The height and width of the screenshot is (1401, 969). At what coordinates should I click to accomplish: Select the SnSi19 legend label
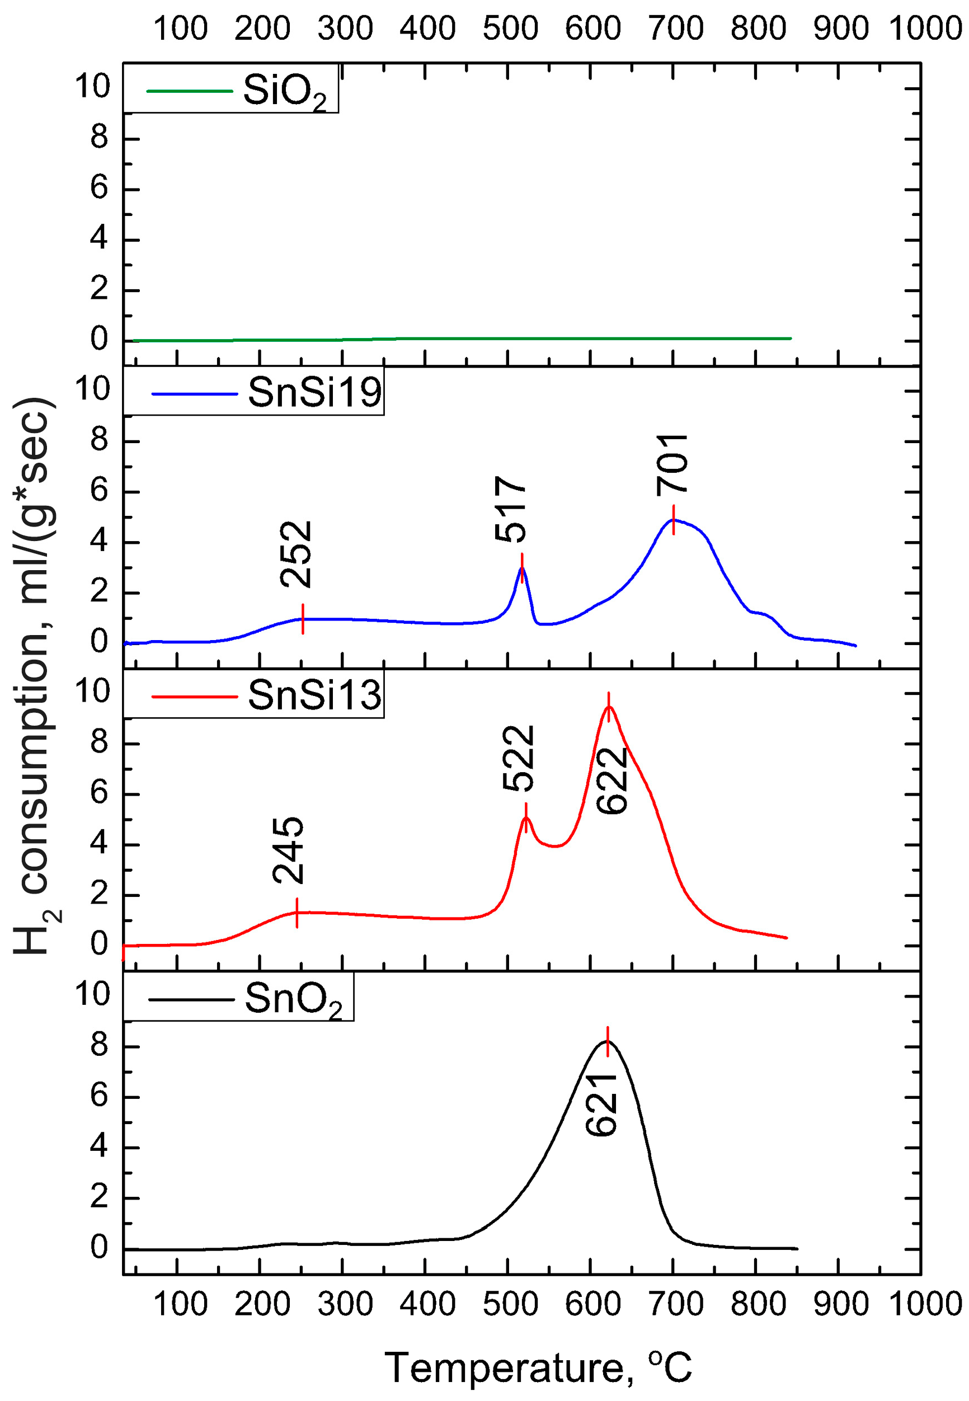pos(314,393)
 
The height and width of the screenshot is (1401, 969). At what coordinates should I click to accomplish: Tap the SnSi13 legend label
pos(314,695)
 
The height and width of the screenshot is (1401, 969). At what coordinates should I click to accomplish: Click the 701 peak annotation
pos(672,465)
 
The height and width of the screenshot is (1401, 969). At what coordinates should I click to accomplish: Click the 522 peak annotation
pos(519,758)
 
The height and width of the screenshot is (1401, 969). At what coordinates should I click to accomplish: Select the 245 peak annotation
pos(288,850)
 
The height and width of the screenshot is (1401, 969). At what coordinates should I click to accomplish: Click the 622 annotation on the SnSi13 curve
pos(611,781)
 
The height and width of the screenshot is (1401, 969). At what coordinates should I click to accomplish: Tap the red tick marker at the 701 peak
pos(674,520)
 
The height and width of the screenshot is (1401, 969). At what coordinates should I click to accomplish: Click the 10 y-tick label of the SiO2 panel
pos(92,86)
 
